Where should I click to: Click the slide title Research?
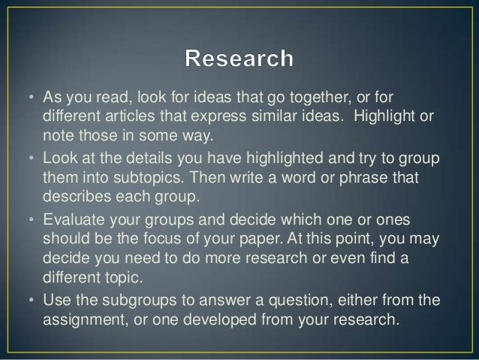[239, 59]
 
